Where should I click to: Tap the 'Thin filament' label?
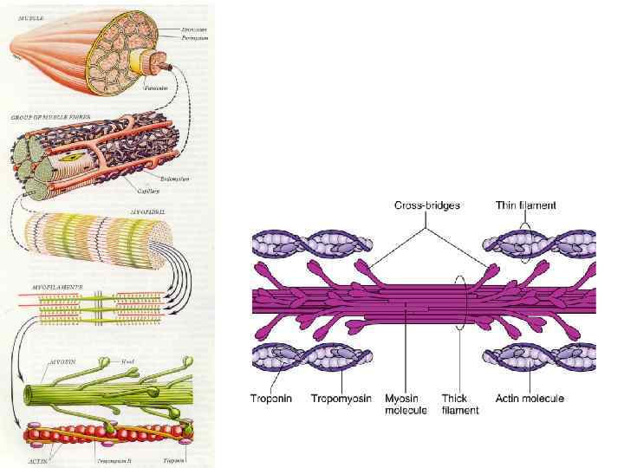click(x=524, y=205)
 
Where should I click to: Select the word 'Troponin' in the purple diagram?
click(x=270, y=398)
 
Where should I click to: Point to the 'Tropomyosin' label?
click(x=341, y=398)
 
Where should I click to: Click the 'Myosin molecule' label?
click(x=405, y=404)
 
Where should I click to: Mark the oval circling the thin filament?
click(x=525, y=244)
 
